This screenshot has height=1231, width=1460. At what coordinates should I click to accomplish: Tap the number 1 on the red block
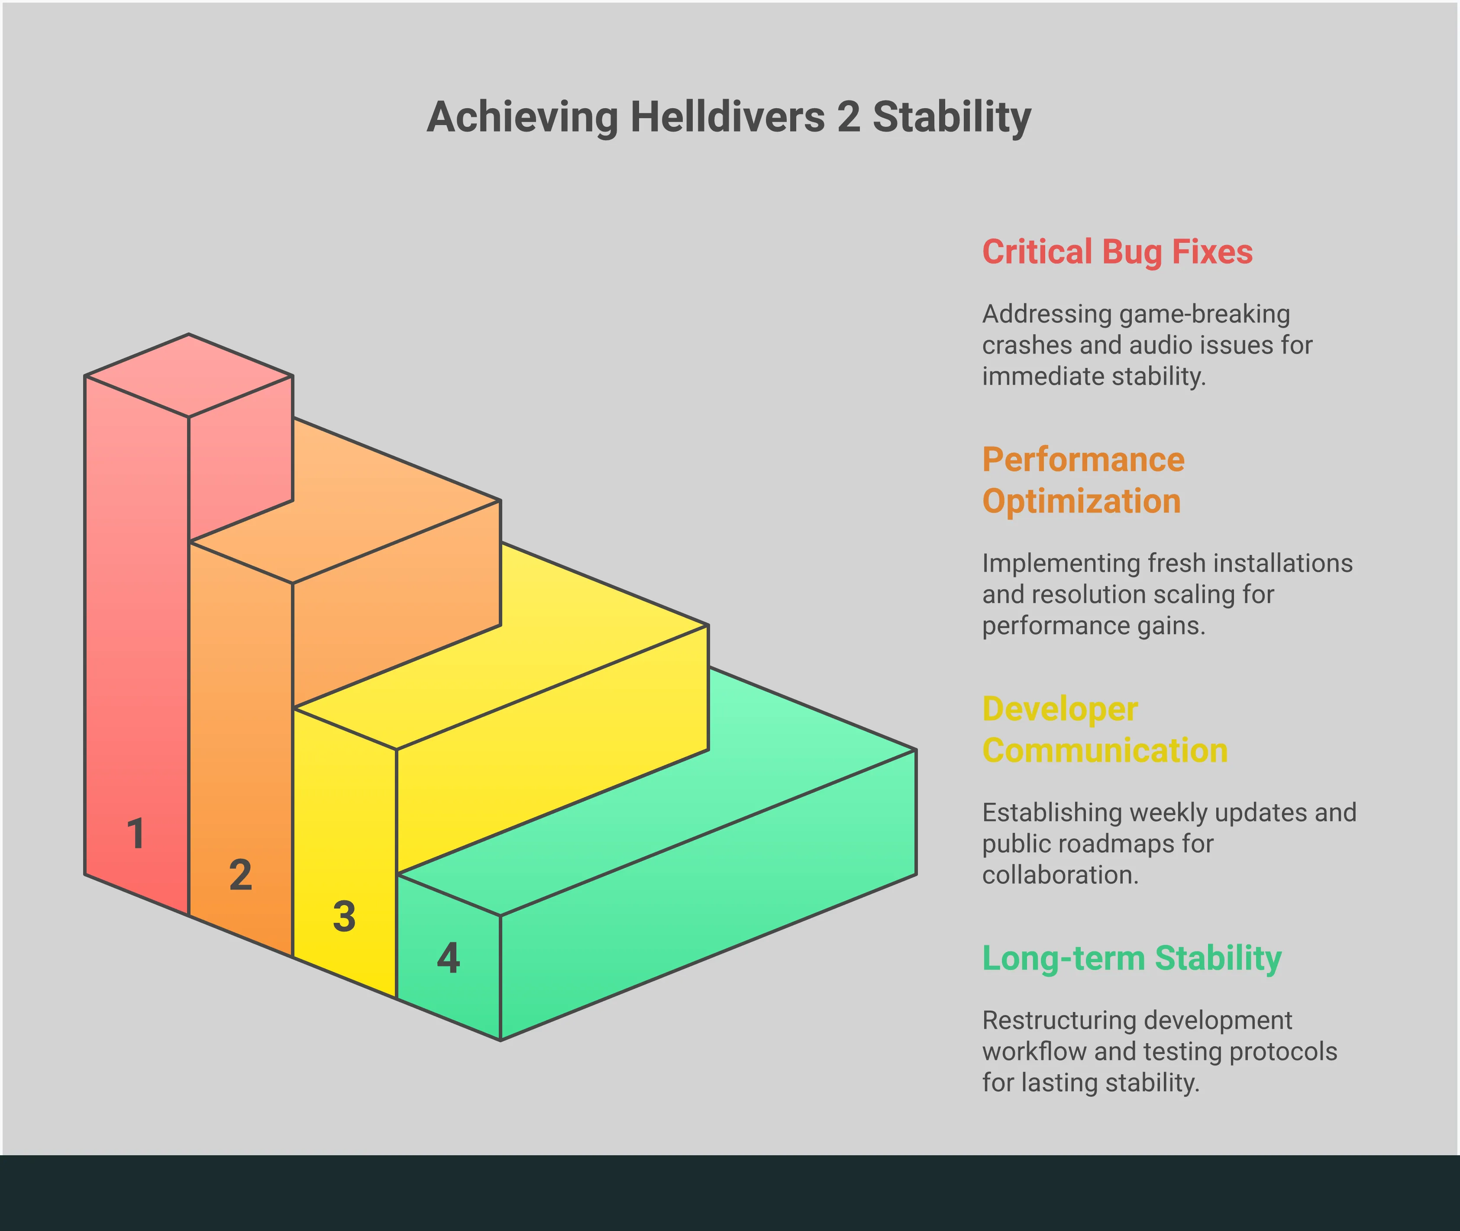136,834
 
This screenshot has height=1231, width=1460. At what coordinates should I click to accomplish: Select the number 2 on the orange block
241,875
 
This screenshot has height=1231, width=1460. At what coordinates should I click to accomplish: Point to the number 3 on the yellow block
344,916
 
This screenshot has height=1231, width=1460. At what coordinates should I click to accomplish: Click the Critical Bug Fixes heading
1118,252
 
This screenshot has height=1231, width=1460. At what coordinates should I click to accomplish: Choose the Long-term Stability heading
1131,958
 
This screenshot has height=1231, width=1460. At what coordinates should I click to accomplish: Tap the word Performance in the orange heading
1083,460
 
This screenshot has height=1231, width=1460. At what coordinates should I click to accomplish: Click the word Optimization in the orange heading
1081,502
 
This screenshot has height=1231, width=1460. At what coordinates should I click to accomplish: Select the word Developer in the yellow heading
1060,709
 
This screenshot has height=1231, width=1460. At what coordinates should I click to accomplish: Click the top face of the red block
188,375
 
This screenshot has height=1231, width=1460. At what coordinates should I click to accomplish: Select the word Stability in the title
952,117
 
